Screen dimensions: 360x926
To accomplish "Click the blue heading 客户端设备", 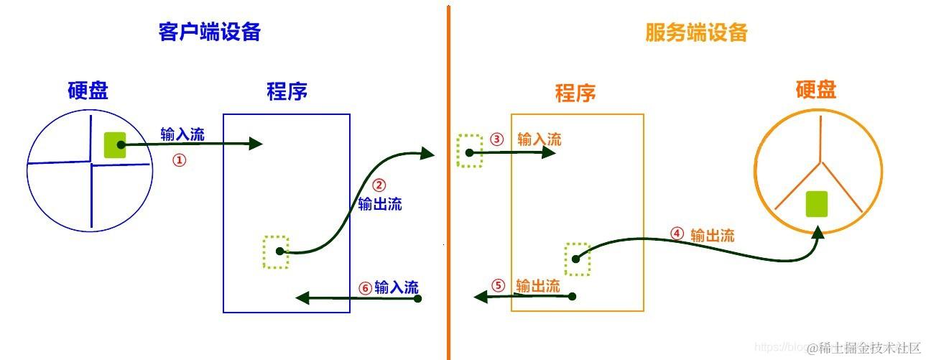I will (x=209, y=32).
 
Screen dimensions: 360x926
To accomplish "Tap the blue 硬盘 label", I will (x=88, y=91).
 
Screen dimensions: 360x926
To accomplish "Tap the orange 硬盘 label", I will (x=816, y=90).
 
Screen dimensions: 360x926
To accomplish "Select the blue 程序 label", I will (x=287, y=91).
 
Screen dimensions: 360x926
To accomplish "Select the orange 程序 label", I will (x=575, y=93).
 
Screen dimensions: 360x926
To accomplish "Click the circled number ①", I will (x=179, y=160).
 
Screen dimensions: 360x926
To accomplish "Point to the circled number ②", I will (x=380, y=185).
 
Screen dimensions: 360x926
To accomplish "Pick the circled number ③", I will (x=496, y=139).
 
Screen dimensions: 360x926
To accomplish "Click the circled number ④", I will (x=676, y=234).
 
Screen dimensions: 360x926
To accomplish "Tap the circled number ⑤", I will (x=499, y=285).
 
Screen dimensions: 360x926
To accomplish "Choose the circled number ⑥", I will (x=365, y=288).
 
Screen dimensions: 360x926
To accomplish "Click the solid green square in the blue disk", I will (x=115, y=144).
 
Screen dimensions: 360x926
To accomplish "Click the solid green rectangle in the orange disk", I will (x=816, y=204).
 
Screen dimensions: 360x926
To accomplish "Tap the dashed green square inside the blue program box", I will (x=276, y=251).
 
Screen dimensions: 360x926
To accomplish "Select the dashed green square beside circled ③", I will (x=470, y=152).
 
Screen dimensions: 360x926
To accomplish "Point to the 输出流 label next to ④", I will (x=712, y=235).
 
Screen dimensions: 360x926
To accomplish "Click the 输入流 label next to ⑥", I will (x=397, y=287).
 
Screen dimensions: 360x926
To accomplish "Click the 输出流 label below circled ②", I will (x=380, y=204).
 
